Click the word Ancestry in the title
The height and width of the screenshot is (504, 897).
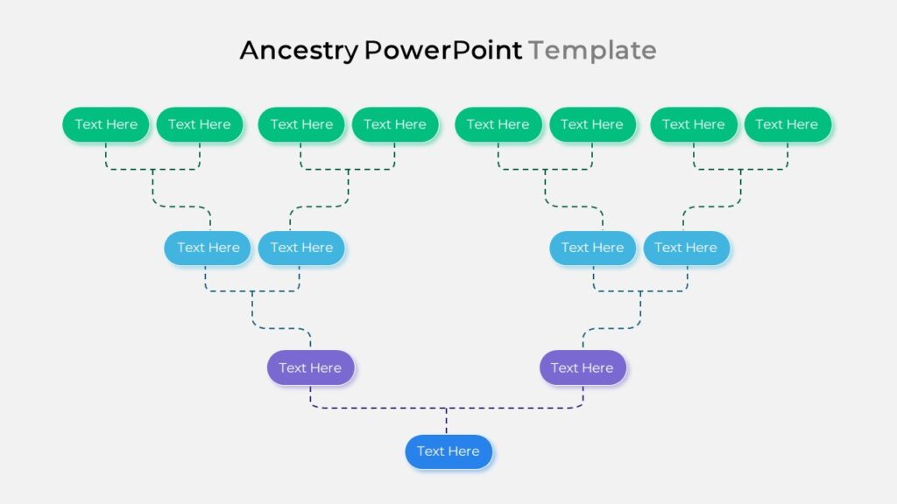(x=299, y=51)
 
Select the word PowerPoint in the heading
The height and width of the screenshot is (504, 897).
(x=442, y=50)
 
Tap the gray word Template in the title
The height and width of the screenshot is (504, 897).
(x=592, y=51)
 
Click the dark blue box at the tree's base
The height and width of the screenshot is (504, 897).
(x=448, y=451)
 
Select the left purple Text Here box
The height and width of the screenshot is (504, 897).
(x=311, y=367)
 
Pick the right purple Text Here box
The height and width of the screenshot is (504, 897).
(x=583, y=367)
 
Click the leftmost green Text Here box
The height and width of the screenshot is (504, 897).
(x=106, y=124)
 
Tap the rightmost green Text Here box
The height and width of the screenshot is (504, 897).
(x=788, y=124)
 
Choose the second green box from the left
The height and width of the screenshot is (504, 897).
(x=200, y=124)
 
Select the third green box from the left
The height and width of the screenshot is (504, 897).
(x=301, y=124)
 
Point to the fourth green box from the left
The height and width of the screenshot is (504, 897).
(x=395, y=124)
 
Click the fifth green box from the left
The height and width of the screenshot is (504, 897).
(x=498, y=124)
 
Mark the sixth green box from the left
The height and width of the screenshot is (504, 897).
(x=592, y=124)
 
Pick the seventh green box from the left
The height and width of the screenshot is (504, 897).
(x=694, y=124)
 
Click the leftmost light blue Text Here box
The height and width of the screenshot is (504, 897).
(x=208, y=248)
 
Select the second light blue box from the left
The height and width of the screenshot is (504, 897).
(x=301, y=248)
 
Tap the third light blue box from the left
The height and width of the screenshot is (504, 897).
(x=593, y=248)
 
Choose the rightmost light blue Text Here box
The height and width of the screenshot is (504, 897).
(x=687, y=248)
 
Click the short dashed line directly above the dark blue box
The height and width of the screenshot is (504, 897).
(x=446, y=421)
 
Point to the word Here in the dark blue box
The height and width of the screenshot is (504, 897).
(x=463, y=451)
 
